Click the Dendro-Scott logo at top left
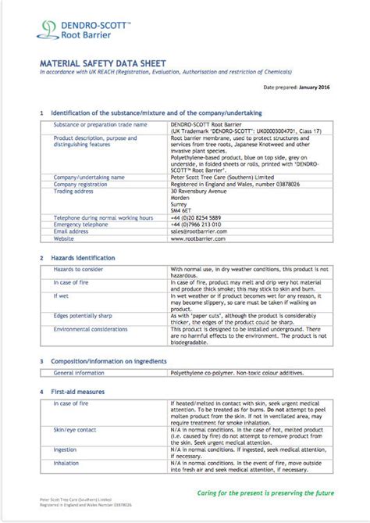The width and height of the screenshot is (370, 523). coord(74,29)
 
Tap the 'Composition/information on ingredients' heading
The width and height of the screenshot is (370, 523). coord(109,362)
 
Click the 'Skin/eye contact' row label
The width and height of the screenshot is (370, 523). coord(75,430)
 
